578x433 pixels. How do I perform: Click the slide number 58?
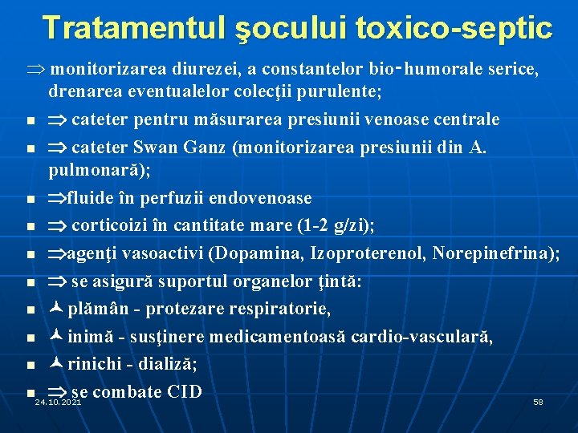pyautogui.click(x=538, y=402)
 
